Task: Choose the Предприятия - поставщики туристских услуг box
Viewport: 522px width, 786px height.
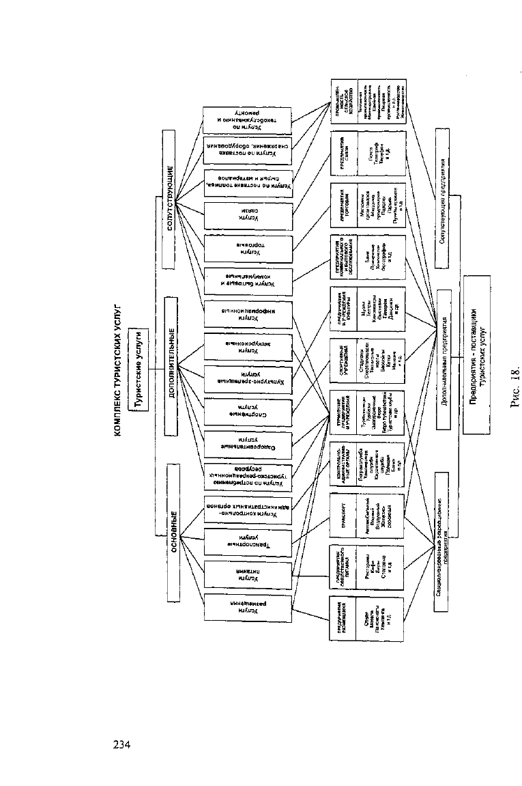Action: [x=481, y=354]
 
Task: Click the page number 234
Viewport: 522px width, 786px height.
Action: [x=121, y=744]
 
